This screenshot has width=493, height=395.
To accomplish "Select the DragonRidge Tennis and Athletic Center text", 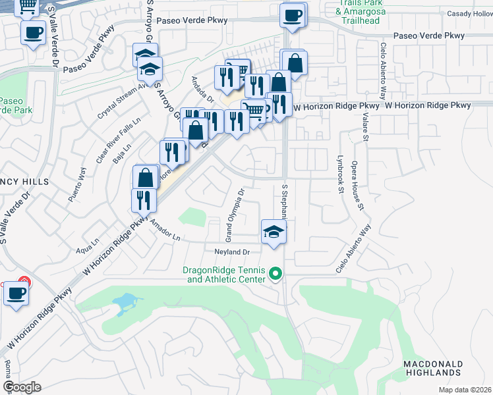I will pyautogui.click(x=225, y=275).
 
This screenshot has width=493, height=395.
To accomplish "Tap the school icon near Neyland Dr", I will pyautogui.click(x=274, y=231).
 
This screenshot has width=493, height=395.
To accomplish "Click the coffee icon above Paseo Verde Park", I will pyautogui.click(x=32, y=32).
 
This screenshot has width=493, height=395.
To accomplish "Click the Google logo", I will pyautogui.click(x=22, y=387).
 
